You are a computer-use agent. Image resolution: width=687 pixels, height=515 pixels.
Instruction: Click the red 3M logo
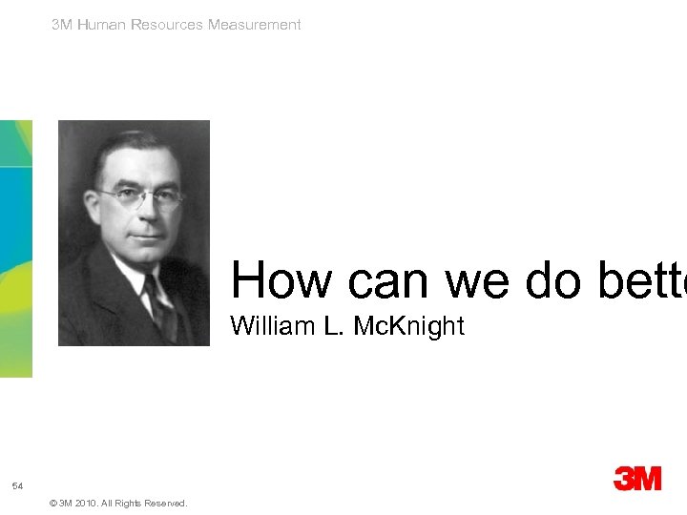637,479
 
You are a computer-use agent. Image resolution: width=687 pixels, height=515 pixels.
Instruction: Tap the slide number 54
17,487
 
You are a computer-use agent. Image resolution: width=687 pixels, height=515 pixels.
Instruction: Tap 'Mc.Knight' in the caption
408,326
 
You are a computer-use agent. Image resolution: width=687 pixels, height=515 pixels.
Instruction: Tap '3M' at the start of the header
62,25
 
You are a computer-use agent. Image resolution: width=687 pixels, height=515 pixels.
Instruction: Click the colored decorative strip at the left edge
15,248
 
